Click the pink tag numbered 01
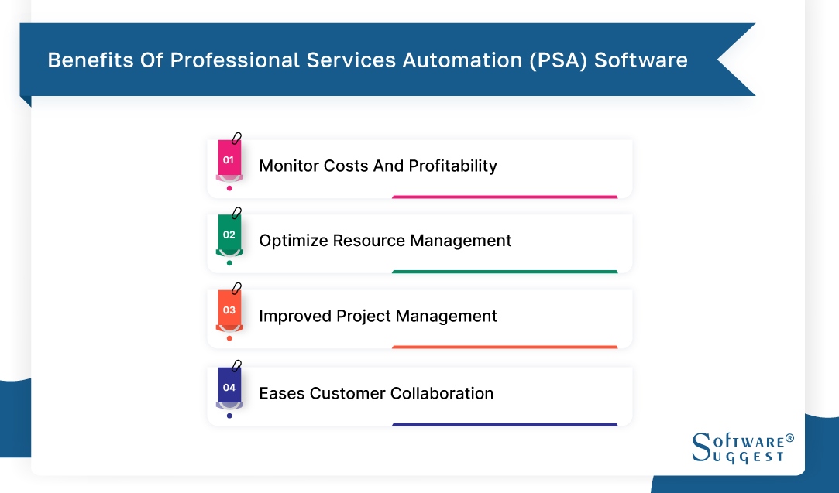229,160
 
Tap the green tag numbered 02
229,235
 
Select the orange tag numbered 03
229,310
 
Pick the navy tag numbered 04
229,387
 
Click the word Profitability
452,166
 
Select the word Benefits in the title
84,60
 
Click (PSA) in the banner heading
557,60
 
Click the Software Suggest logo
741,447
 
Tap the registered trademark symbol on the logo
789,438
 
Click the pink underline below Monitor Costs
504,197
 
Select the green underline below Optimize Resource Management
504,272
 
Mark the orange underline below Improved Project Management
504,347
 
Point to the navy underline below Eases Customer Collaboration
504,424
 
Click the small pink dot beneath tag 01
229,188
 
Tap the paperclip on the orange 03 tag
236,288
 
